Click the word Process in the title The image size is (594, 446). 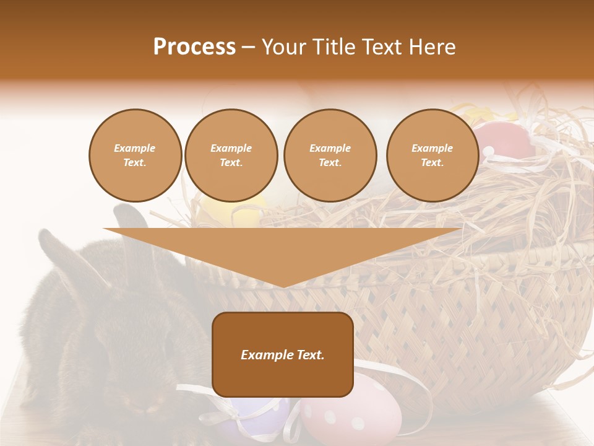[194, 46]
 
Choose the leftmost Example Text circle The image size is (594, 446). [135, 155]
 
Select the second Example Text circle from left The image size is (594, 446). [231, 155]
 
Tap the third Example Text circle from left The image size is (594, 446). [330, 155]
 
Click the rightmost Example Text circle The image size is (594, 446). [432, 155]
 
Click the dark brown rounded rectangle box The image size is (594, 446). [283, 378]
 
